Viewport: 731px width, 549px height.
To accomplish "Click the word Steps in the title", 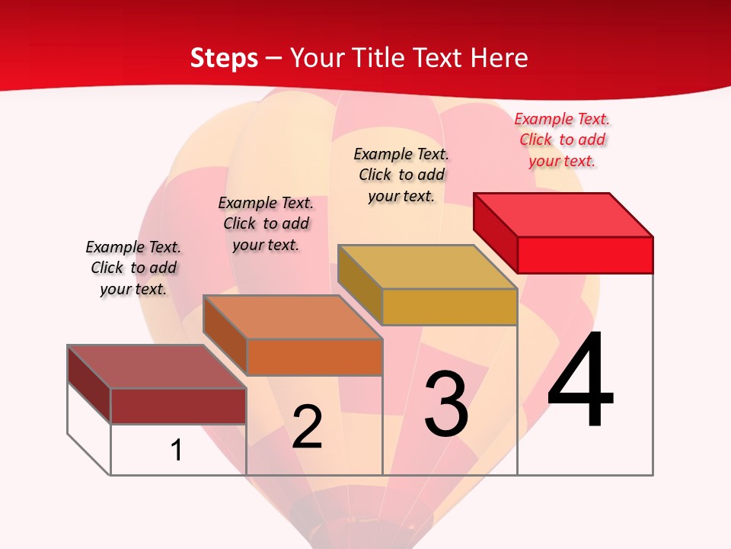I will [x=224, y=58].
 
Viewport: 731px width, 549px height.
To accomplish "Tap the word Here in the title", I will [x=500, y=58].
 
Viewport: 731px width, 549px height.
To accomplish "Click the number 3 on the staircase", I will [x=446, y=404].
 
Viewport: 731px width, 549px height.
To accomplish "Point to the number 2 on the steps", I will [x=307, y=427].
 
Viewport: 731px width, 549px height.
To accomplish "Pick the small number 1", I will [x=177, y=450].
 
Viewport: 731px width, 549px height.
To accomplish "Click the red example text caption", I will [x=562, y=140].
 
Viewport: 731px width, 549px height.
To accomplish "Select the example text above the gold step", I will [x=401, y=175].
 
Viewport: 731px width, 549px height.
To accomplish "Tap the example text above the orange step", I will [x=266, y=223].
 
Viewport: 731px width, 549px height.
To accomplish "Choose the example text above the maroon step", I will [x=133, y=268].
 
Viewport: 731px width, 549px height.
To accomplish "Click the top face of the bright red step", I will [x=563, y=214].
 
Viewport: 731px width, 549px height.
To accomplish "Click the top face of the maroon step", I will [x=157, y=367].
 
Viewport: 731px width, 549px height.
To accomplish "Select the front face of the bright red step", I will [x=585, y=255].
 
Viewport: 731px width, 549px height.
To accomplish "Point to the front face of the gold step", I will [x=449, y=307].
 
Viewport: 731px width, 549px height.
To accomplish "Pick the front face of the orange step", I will [x=314, y=357].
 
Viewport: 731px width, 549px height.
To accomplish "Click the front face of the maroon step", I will [x=178, y=406].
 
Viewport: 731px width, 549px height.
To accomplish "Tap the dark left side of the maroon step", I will [x=89, y=384].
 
